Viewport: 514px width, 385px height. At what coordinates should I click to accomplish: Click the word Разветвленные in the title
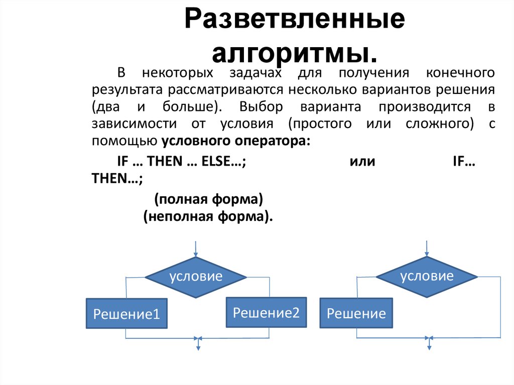[295, 19]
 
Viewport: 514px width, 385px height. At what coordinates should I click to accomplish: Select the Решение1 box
[126, 313]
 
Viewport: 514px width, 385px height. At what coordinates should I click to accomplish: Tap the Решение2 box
[266, 312]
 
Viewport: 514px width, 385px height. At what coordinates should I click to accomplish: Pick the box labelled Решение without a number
[356, 313]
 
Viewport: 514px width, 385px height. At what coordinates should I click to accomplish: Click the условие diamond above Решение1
[196, 277]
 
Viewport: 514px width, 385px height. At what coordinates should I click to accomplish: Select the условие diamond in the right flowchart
[427, 277]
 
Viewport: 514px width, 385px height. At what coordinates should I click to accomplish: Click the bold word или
[362, 161]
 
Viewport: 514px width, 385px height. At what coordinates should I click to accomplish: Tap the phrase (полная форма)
[208, 199]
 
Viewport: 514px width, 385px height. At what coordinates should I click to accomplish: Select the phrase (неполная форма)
[208, 216]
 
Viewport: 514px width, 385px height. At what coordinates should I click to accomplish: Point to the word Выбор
[261, 106]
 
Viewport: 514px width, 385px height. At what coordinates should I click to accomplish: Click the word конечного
[460, 73]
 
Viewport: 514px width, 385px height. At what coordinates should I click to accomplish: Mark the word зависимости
[134, 123]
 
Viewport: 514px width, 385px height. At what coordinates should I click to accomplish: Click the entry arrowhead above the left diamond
[196, 254]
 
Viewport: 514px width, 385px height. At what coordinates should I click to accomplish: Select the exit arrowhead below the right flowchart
[429, 347]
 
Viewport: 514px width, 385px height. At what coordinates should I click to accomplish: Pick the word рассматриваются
[225, 90]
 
